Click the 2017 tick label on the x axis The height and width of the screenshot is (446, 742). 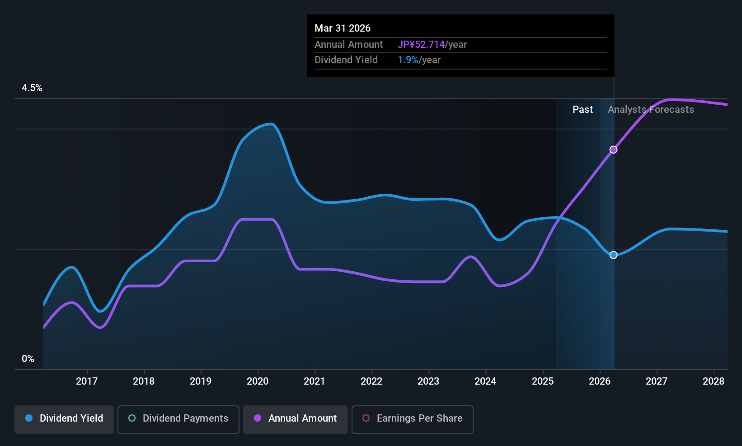pos(87,381)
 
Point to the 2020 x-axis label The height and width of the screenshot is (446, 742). pos(258,381)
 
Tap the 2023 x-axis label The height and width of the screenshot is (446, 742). pos(429,381)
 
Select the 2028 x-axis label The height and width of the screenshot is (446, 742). pos(714,381)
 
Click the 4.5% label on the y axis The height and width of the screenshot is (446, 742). pos(32,88)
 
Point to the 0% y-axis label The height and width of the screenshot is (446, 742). pos(28,359)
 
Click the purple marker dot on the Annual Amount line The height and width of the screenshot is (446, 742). pos(614,150)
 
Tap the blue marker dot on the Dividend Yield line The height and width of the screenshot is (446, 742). pos(614,255)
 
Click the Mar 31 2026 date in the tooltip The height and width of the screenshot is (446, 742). pos(343,28)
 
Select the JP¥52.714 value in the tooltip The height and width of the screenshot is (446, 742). pos(421,44)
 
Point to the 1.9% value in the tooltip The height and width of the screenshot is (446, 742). pos(408,60)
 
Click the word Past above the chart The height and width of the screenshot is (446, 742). pos(582,110)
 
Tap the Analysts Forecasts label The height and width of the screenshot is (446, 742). pos(651,110)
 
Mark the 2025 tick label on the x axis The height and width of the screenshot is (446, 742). pos(543,381)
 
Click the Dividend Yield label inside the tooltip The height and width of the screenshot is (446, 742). pos(346,60)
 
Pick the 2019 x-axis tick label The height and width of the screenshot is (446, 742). pos(201,381)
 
